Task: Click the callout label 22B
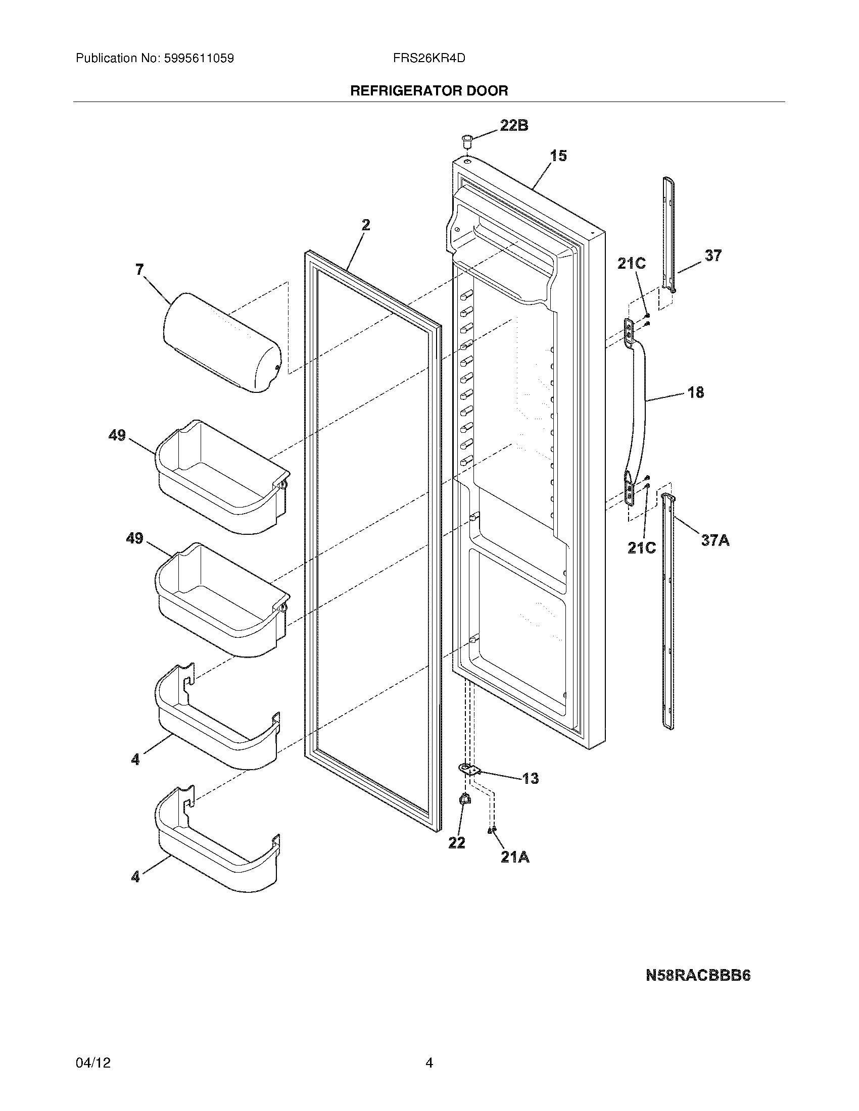click(513, 125)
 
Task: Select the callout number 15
click(558, 156)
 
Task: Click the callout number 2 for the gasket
click(366, 224)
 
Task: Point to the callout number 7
click(139, 269)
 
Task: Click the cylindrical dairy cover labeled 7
click(221, 343)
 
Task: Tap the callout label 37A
click(715, 540)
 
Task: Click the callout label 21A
click(514, 857)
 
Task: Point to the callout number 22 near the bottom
click(456, 843)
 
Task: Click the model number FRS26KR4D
click(429, 58)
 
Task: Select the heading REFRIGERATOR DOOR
click(429, 90)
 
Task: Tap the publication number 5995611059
click(199, 58)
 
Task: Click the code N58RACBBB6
click(698, 975)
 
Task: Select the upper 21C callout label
click(631, 264)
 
